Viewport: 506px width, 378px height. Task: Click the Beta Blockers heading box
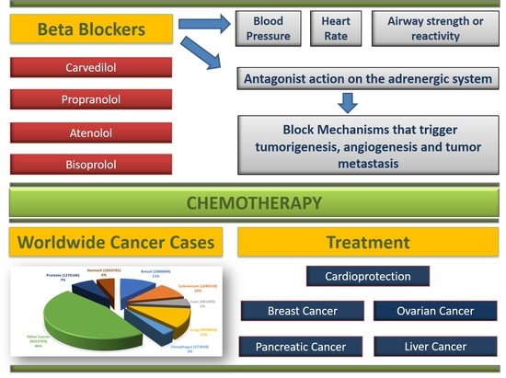[x=90, y=31]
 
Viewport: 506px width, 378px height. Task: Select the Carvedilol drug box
[x=90, y=69]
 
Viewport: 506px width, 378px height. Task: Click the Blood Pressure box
[x=270, y=28]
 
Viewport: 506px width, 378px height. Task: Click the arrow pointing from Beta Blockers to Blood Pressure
[x=214, y=25]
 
